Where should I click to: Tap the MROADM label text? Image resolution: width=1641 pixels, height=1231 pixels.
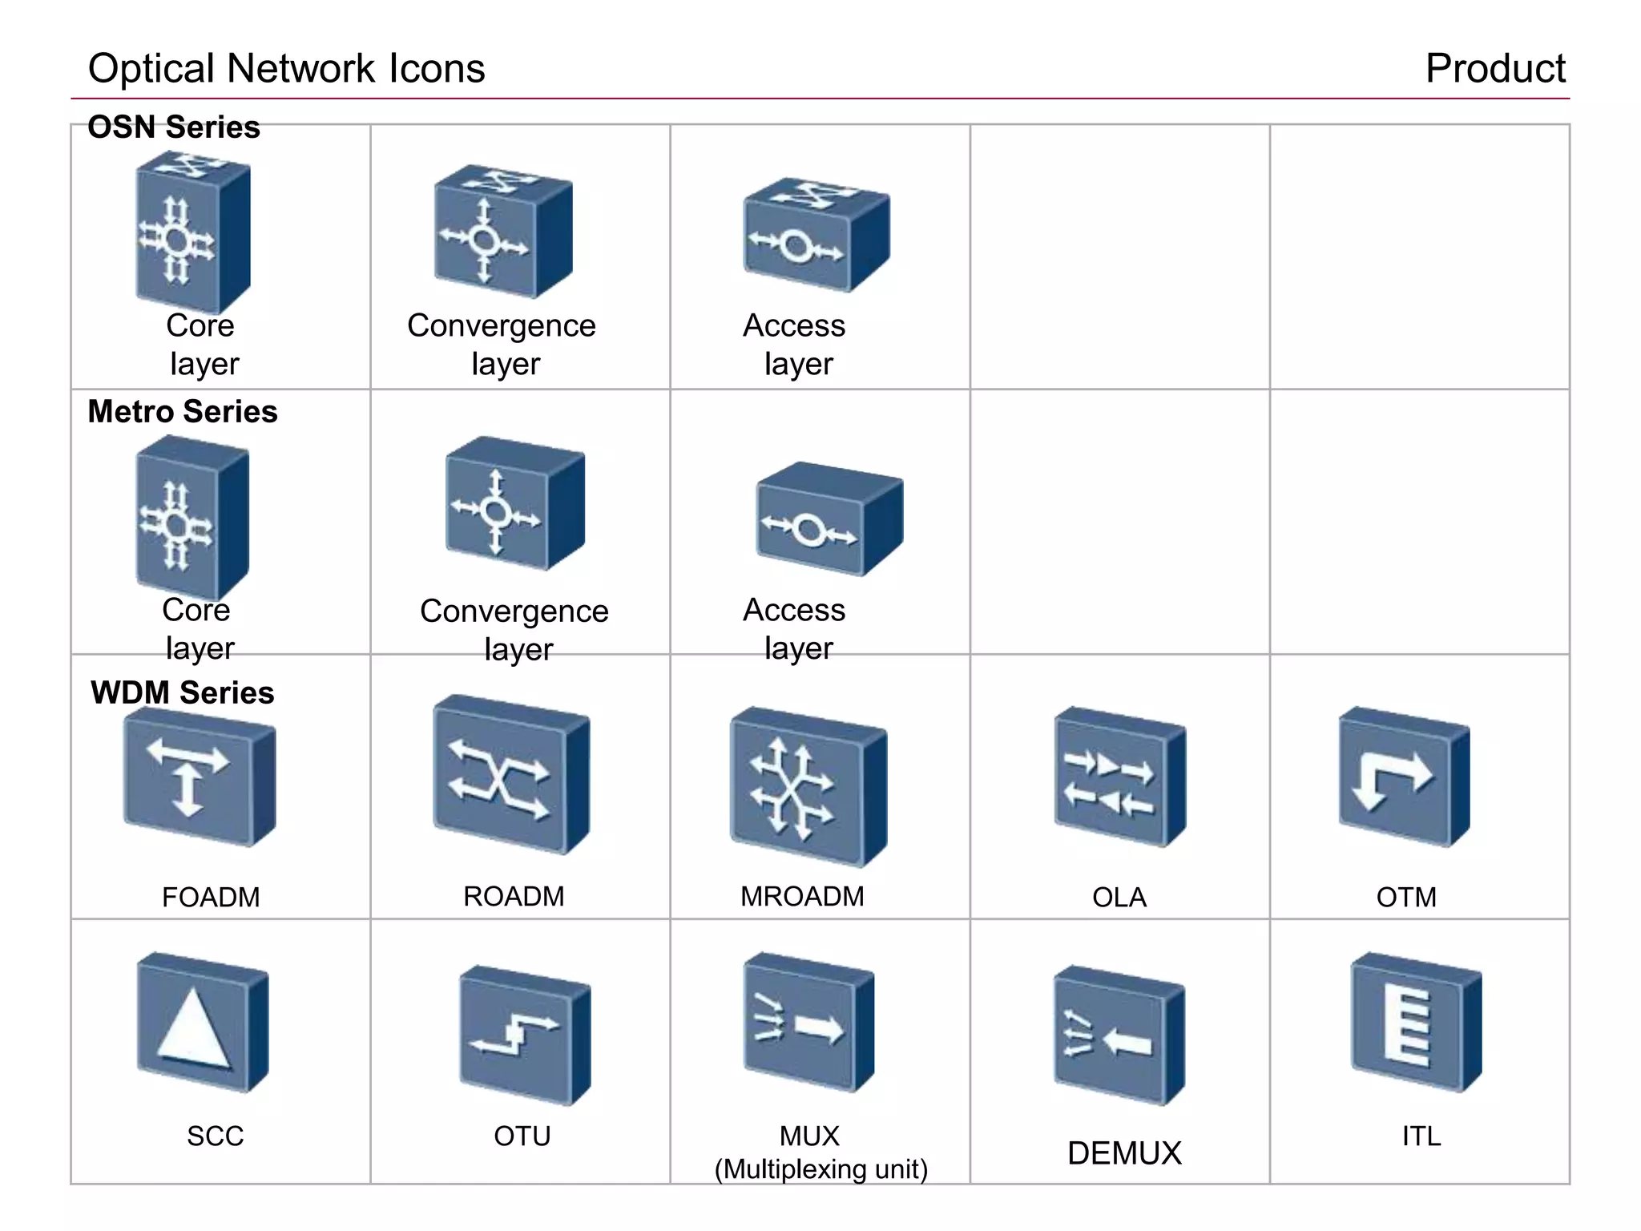click(x=802, y=896)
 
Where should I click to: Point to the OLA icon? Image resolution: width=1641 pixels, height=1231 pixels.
click(x=1119, y=778)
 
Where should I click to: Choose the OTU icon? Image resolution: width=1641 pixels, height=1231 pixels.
click(x=524, y=1035)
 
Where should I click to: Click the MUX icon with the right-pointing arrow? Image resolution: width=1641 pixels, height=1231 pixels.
click(x=808, y=1024)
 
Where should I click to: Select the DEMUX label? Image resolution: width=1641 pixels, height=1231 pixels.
click(x=1124, y=1153)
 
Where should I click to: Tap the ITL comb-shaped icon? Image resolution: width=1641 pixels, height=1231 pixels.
click(x=1415, y=1024)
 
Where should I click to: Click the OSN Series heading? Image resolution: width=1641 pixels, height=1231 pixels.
click(x=174, y=127)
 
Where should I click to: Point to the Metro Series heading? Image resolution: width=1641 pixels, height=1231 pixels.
click(x=183, y=411)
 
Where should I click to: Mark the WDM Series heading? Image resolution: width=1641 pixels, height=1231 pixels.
click(x=183, y=692)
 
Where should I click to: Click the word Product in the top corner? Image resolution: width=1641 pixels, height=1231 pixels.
click(x=1494, y=68)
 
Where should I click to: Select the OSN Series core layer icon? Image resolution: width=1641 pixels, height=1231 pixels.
click(x=192, y=234)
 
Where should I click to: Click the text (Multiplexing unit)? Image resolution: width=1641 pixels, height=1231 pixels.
click(x=820, y=1169)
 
